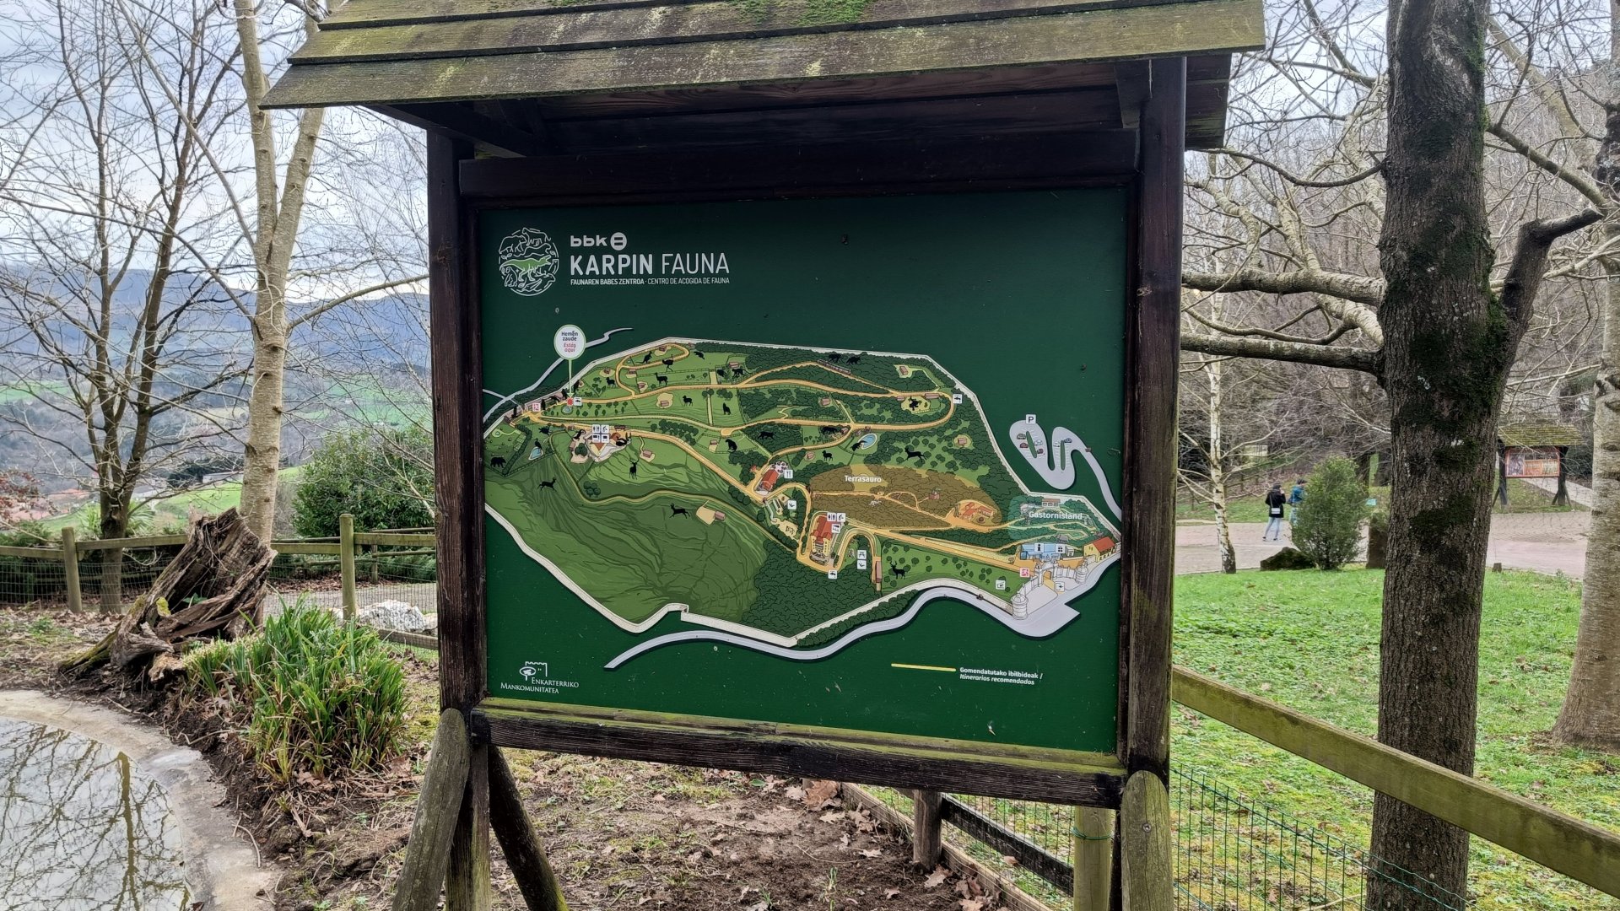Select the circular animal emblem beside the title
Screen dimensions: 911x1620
[x=528, y=261]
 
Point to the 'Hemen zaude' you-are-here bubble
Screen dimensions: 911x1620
[x=570, y=342]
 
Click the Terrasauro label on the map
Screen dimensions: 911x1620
[x=863, y=478]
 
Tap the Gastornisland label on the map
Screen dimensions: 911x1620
[x=1055, y=515]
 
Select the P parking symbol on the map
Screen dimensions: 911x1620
[x=1030, y=419]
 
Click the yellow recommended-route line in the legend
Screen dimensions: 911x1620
[x=923, y=667]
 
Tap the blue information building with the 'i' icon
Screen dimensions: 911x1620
[x=1043, y=549]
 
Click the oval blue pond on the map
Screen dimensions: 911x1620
[x=866, y=440]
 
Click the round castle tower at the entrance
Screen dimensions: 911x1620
[x=1021, y=604]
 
